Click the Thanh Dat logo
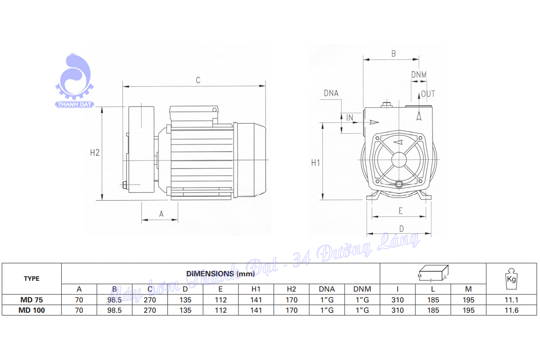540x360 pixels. point(74,81)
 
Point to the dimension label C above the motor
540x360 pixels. point(198,80)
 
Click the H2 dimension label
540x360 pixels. point(95,153)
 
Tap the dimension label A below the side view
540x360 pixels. point(161,214)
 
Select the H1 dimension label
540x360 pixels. point(315,163)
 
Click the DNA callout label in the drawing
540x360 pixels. point(331,93)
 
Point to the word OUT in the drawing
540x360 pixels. point(428,94)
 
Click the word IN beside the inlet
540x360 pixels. point(350,117)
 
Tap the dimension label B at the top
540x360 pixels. point(393,54)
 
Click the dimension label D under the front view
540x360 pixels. point(401,229)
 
